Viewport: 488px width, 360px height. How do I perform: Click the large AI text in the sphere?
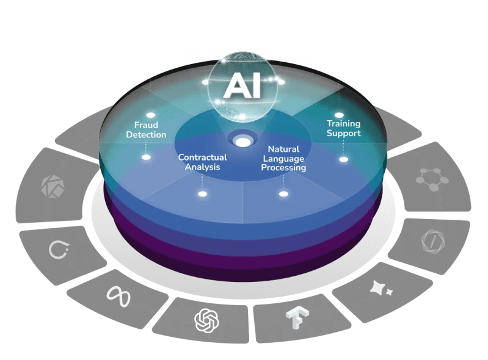coord(242,87)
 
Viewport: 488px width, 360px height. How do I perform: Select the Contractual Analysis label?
coord(202,162)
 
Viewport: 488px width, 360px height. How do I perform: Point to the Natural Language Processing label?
coord(283,158)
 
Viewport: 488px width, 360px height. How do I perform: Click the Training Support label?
coord(343,128)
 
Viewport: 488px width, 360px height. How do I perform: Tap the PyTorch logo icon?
coord(59,249)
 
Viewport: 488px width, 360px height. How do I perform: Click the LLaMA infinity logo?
coord(119,293)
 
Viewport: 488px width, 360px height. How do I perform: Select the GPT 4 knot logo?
coord(206,319)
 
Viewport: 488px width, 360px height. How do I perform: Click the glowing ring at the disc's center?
coord(242,142)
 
